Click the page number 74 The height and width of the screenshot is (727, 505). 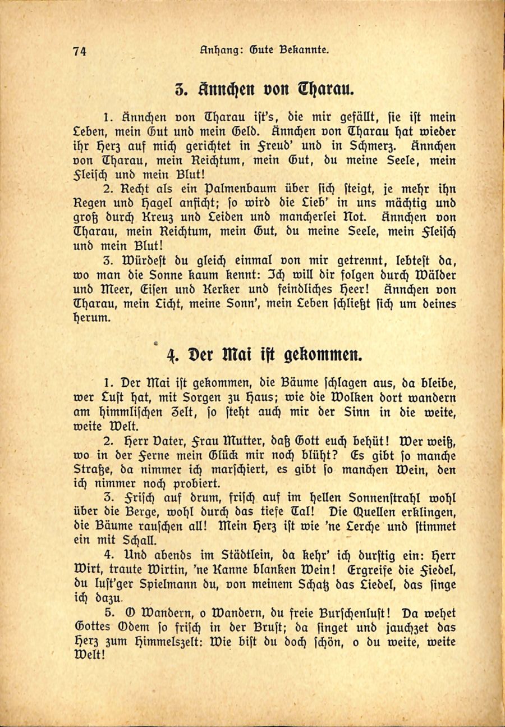79,51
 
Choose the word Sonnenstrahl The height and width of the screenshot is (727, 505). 388,498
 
